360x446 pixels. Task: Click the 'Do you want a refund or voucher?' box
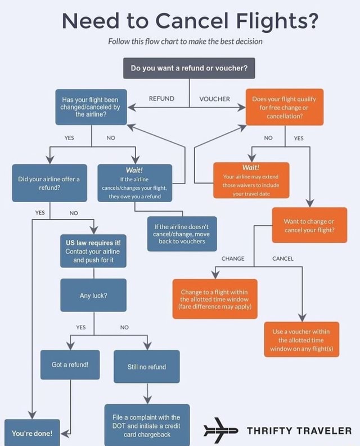(x=189, y=68)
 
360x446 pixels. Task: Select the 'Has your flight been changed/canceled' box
(x=91, y=106)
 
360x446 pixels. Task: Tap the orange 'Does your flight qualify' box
(x=284, y=106)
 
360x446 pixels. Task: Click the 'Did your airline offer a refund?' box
(x=49, y=182)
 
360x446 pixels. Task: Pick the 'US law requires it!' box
(x=93, y=251)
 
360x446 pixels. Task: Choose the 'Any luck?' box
(x=93, y=295)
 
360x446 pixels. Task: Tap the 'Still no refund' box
(x=147, y=367)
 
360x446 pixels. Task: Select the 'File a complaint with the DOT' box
(x=147, y=425)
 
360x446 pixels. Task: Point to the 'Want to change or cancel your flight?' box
(x=309, y=225)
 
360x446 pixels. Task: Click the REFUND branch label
(x=161, y=99)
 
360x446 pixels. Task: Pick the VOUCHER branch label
(x=214, y=99)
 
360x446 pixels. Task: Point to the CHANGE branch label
(x=232, y=259)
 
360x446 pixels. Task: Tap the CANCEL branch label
(x=283, y=259)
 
